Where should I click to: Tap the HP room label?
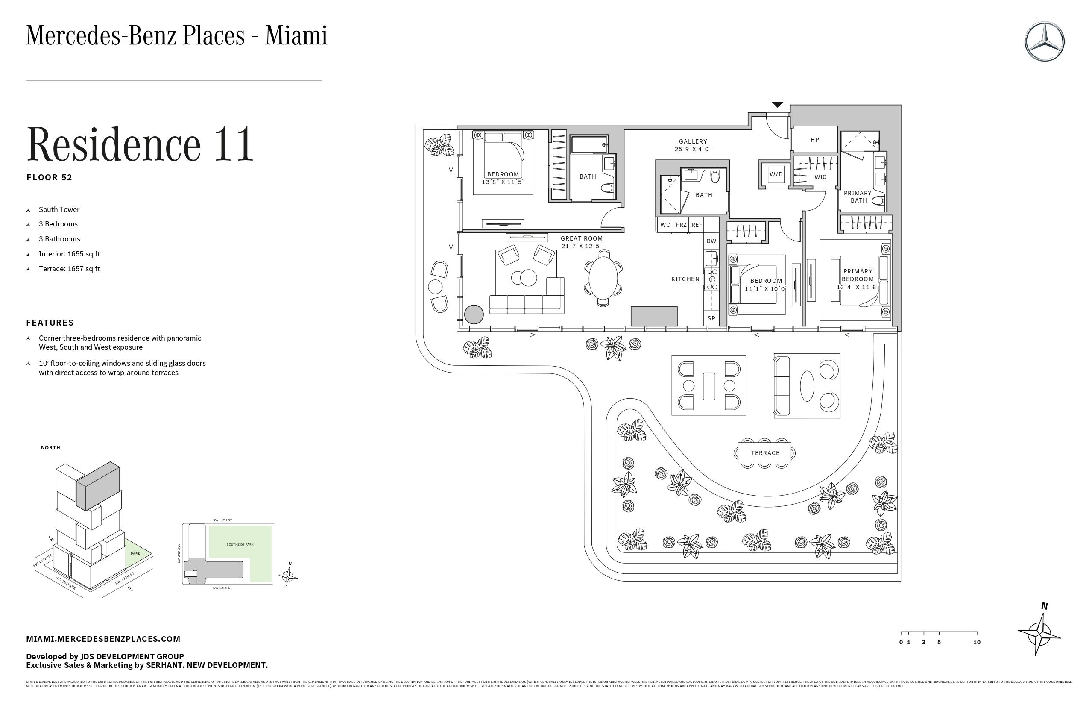point(814,140)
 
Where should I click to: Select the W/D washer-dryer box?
point(776,174)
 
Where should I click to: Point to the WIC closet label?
point(820,177)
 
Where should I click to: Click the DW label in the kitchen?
point(711,241)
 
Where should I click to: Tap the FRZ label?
point(681,225)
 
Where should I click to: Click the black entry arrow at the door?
point(777,105)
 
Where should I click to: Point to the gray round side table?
point(474,314)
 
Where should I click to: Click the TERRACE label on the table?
point(764,453)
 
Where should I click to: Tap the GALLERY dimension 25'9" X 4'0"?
point(693,149)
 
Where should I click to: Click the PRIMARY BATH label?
point(858,197)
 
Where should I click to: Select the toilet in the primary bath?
point(878,200)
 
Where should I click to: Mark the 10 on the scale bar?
point(976,642)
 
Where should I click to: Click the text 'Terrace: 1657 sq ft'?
point(69,269)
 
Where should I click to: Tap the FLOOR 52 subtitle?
point(50,178)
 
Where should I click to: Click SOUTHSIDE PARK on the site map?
point(240,545)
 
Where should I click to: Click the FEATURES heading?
point(50,323)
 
